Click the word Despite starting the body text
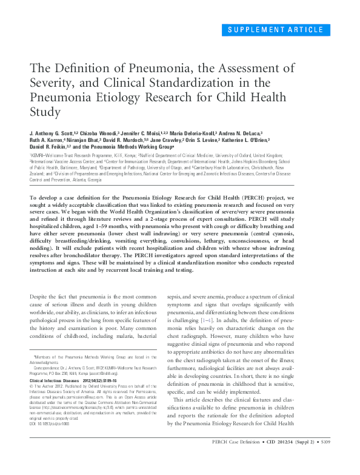pos(41,295)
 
